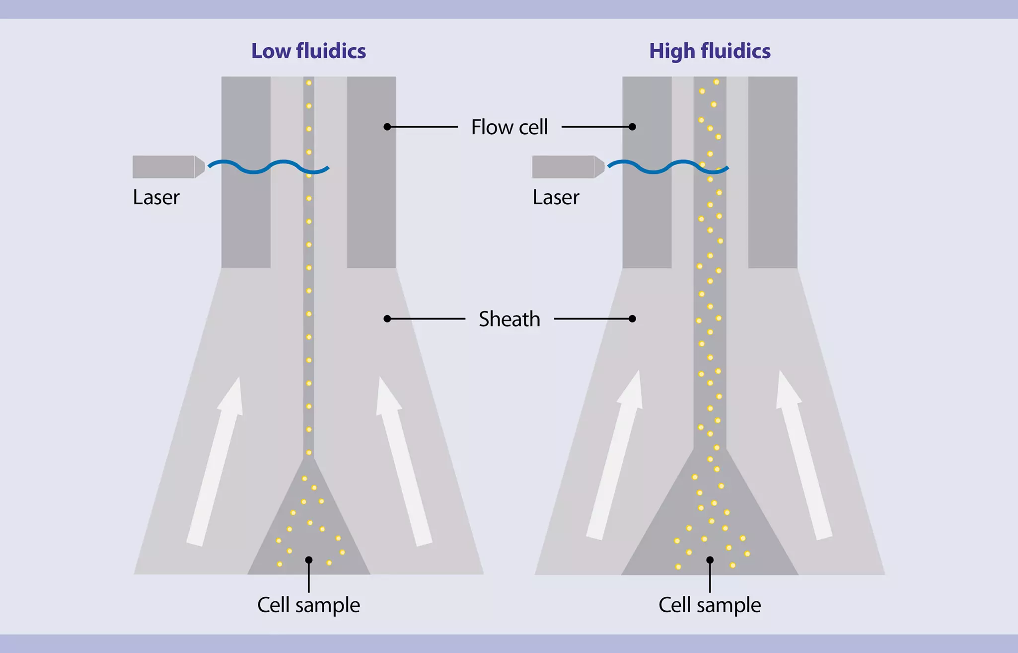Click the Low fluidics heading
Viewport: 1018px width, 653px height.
(x=308, y=51)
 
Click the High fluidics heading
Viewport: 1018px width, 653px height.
(x=710, y=51)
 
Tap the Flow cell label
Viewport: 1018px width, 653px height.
(x=509, y=127)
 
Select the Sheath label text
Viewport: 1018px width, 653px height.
(x=509, y=319)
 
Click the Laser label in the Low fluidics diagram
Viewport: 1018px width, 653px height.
(x=156, y=197)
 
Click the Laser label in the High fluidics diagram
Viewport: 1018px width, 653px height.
(x=556, y=197)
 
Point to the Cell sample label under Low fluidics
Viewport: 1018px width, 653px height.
(x=308, y=605)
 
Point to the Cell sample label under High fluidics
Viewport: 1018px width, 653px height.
(x=710, y=605)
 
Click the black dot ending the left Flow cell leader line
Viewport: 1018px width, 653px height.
(x=387, y=127)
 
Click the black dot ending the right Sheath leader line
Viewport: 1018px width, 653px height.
(x=632, y=319)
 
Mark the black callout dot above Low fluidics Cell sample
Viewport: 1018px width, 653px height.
(x=309, y=560)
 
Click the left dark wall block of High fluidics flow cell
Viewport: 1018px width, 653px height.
(x=647, y=171)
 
